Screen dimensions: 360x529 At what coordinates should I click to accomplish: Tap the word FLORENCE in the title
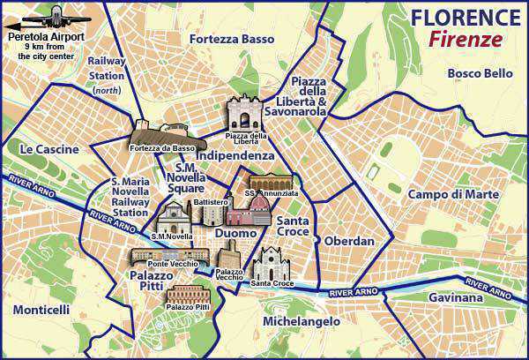[x=464, y=17]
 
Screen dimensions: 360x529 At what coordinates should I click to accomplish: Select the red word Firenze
[x=466, y=39]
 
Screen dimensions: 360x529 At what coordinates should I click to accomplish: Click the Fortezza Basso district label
[x=232, y=40]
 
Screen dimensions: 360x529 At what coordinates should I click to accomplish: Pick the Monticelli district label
[x=41, y=310]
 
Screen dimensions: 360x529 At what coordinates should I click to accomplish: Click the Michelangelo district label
[x=302, y=322]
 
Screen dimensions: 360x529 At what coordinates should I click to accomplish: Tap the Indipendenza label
[x=235, y=155]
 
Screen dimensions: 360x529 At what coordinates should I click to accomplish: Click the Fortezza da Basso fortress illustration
[x=164, y=133]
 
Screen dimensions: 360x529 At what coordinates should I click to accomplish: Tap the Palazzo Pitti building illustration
[x=187, y=294]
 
